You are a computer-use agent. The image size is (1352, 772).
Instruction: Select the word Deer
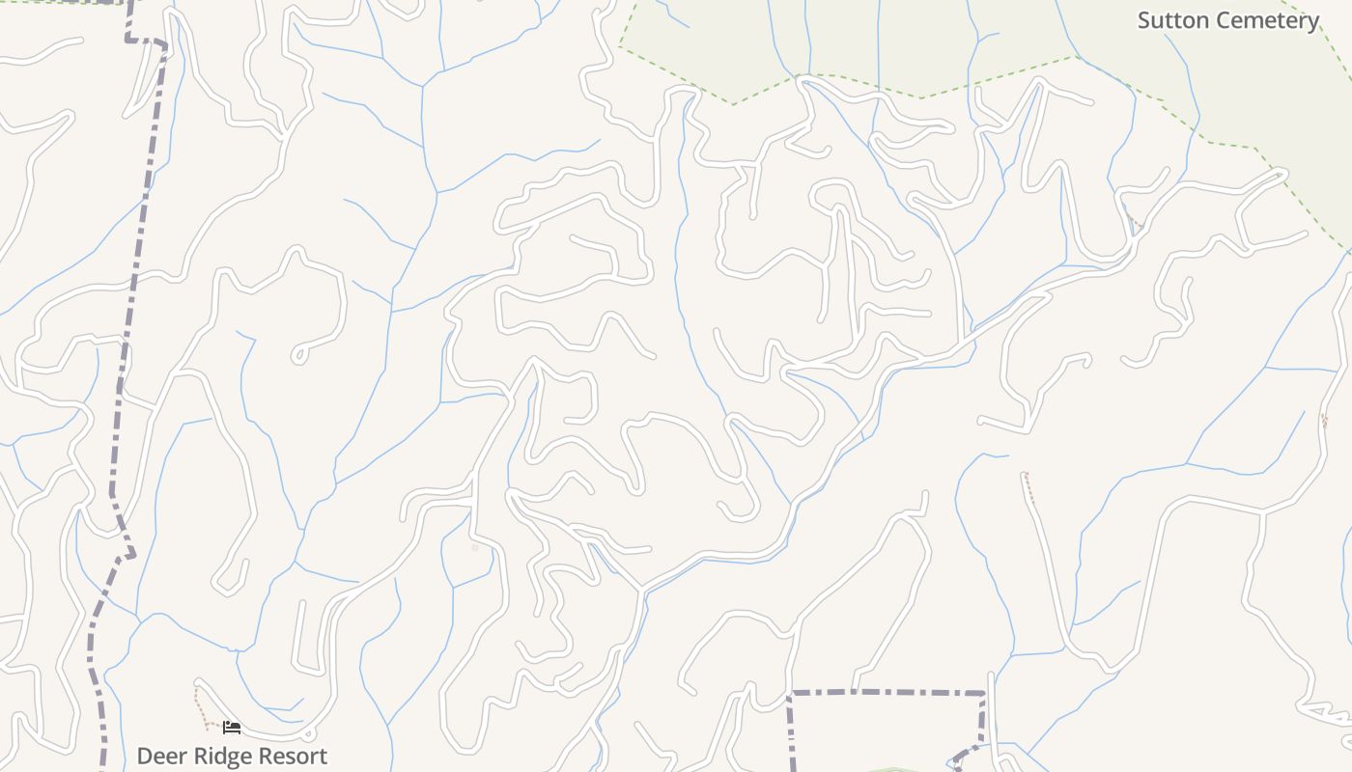159,756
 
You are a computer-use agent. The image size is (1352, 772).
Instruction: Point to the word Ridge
221,756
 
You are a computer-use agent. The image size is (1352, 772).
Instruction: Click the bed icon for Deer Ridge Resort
232,727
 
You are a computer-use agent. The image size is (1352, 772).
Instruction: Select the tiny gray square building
475,548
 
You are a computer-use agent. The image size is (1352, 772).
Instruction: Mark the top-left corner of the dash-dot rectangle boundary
790,693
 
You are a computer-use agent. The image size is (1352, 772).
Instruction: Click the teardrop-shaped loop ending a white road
299,354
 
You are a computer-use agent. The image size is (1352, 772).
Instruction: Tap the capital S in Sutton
1144,20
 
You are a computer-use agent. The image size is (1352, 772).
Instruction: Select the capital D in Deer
145,756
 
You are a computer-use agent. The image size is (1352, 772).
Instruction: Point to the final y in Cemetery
1312,22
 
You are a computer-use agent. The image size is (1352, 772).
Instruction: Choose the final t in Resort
323,756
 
